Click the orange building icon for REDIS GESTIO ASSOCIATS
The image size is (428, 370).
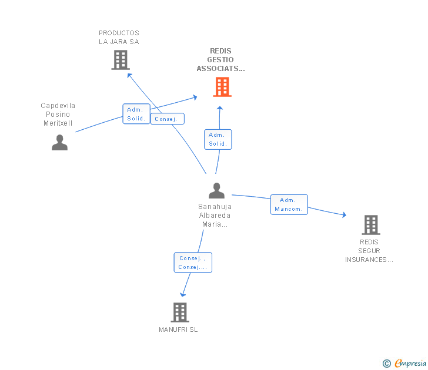[222, 87]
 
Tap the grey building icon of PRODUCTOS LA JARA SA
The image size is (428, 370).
[120, 60]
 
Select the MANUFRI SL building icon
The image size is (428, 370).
[179, 312]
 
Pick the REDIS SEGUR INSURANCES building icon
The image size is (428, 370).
[370, 224]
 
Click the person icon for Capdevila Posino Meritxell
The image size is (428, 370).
[59, 142]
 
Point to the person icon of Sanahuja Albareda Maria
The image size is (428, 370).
[216, 190]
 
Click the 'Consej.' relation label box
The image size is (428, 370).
[168, 119]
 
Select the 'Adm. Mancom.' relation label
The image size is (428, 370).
[289, 204]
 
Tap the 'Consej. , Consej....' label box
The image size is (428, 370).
[193, 263]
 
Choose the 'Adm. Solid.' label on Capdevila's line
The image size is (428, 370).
[136, 114]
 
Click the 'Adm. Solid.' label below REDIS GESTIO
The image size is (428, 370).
[218, 139]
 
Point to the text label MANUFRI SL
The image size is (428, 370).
[178, 329]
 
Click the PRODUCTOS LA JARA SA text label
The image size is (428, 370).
[119, 38]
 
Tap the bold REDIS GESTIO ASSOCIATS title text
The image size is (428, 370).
[220, 60]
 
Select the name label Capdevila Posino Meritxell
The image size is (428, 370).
[58, 115]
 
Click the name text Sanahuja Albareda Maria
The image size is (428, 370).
[215, 215]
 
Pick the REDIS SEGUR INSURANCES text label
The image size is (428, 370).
[369, 251]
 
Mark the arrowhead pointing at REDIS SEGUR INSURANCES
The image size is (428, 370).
[343, 216]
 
